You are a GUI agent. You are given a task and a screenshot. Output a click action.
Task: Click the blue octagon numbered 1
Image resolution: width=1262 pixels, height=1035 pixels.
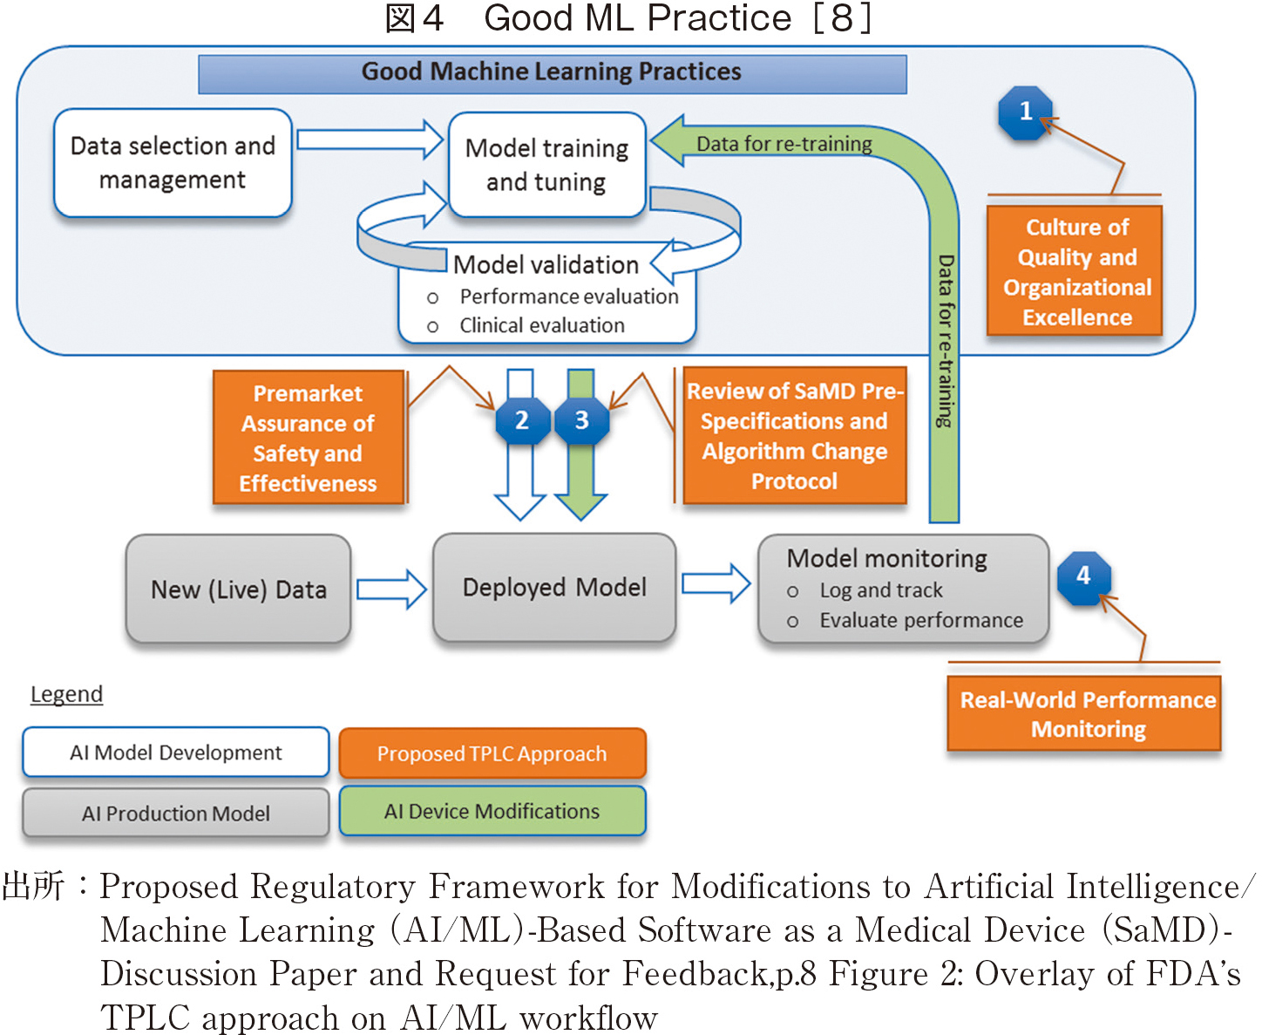[x=1026, y=112]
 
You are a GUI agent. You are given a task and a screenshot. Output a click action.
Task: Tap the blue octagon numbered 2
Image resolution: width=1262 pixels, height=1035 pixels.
[x=522, y=421]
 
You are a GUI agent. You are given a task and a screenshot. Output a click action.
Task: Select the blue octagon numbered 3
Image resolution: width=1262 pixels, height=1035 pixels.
[x=582, y=421]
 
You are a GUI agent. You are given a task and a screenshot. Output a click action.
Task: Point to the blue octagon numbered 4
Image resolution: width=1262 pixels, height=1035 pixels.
[x=1083, y=576]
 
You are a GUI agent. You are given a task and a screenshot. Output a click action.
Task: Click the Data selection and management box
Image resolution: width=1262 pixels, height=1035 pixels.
[x=173, y=163]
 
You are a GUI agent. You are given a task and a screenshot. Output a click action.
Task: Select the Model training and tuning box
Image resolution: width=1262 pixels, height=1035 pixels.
[x=546, y=165]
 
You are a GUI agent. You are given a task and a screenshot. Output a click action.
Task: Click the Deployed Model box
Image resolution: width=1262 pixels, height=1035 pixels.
[x=554, y=588]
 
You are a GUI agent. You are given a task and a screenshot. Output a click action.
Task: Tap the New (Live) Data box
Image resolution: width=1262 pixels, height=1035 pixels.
[x=238, y=589]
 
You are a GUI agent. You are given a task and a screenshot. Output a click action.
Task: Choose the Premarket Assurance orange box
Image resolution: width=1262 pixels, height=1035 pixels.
[x=309, y=438]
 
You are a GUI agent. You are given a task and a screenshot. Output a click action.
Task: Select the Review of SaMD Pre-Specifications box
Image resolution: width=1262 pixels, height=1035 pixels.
[x=794, y=436]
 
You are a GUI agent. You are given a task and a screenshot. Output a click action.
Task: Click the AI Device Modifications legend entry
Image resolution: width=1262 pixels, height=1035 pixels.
[x=492, y=811]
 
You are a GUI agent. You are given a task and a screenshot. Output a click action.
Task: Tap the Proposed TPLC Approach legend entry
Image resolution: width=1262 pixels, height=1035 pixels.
[x=492, y=753]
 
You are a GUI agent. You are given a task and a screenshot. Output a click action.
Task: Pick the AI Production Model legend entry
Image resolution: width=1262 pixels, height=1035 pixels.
[x=175, y=813]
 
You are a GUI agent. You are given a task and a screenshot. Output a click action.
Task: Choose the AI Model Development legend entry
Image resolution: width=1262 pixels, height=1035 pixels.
[x=175, y=752]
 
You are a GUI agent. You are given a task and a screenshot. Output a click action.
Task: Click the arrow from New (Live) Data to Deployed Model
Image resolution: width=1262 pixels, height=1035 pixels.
[x=391, y=589]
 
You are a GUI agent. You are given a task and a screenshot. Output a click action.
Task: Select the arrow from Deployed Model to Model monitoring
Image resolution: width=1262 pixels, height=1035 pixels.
[x=716, y=583]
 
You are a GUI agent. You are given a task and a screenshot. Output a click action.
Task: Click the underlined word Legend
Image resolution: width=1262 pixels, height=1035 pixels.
[x=66, y=695]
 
